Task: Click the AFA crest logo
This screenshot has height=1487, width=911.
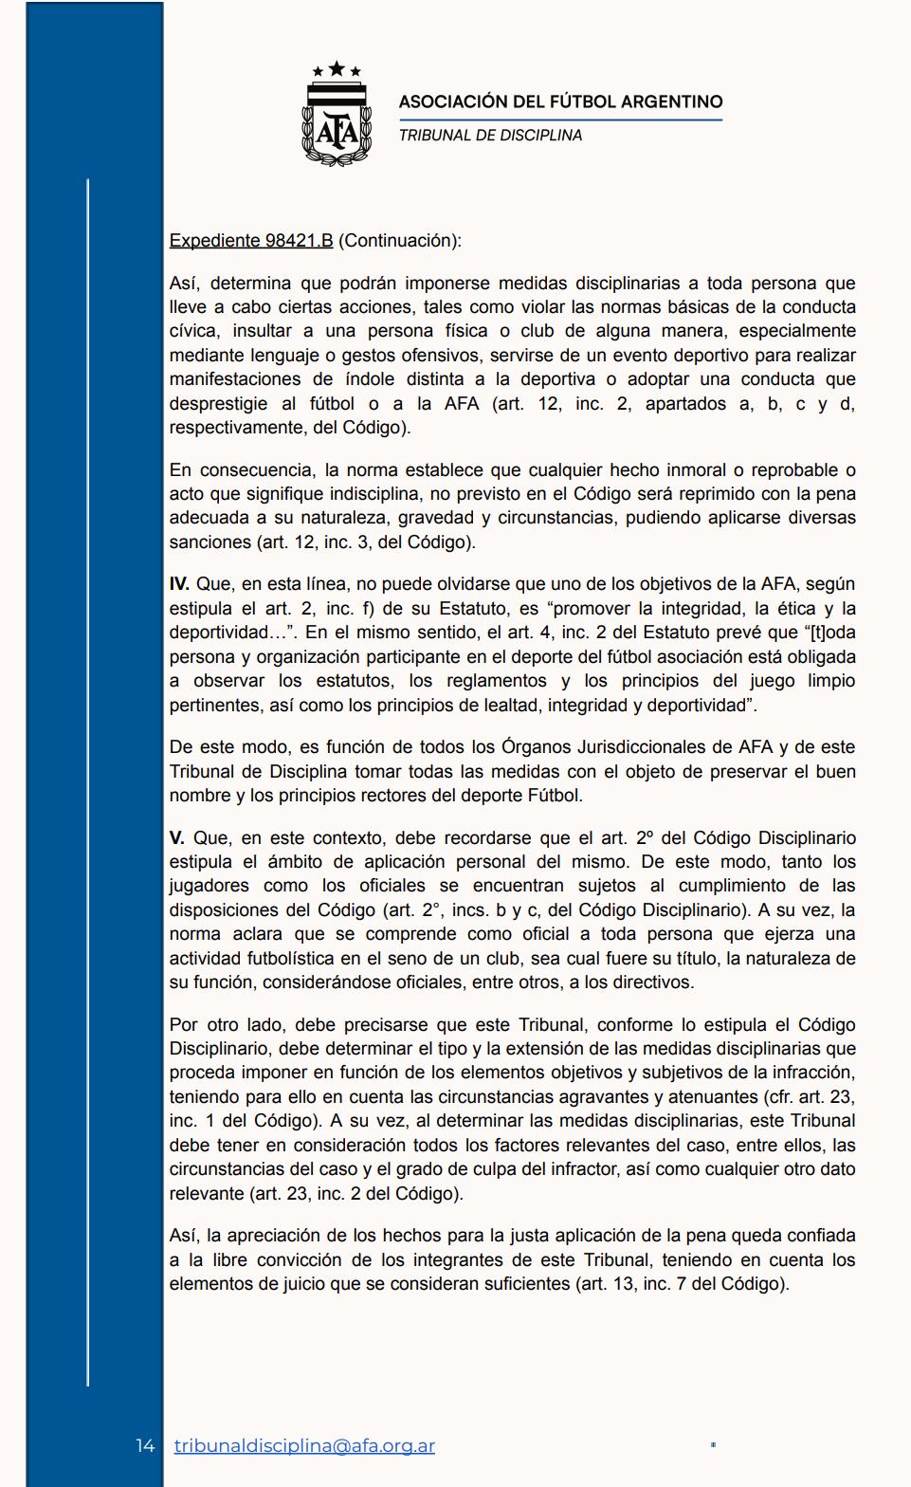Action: [x=337, y=124]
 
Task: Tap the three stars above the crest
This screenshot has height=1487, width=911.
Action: [x=337, y=69]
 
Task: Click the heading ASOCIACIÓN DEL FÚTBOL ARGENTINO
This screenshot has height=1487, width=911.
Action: [x=560, y=101]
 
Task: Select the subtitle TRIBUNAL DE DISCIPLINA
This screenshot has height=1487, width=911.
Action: [x=490, y=136]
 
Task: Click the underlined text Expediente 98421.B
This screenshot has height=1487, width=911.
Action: [x=251, y=241]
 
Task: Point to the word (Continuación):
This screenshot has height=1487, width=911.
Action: [x=399, y=241]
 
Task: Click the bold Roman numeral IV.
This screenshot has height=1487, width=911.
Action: [x=179, y=584]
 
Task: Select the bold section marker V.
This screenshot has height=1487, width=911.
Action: [x=176, y=838]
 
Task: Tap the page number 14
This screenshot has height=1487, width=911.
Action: [x=145, y=1446]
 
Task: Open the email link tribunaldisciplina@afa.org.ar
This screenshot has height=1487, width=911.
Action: [x=304, y=1446]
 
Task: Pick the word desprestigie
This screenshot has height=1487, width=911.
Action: [x=219, y=403]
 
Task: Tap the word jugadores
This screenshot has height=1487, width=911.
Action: [x=209, y=886]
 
